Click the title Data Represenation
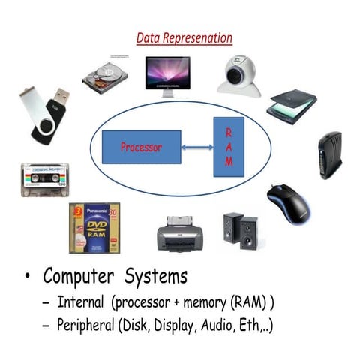tap(184, 38)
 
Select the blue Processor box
tap(141, 148)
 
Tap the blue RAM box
tap(229, 147)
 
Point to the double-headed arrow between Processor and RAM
tap(198, 148)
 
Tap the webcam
tap(239, 75)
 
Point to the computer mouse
tap(290, 205)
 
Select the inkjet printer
tap(181, 233)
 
